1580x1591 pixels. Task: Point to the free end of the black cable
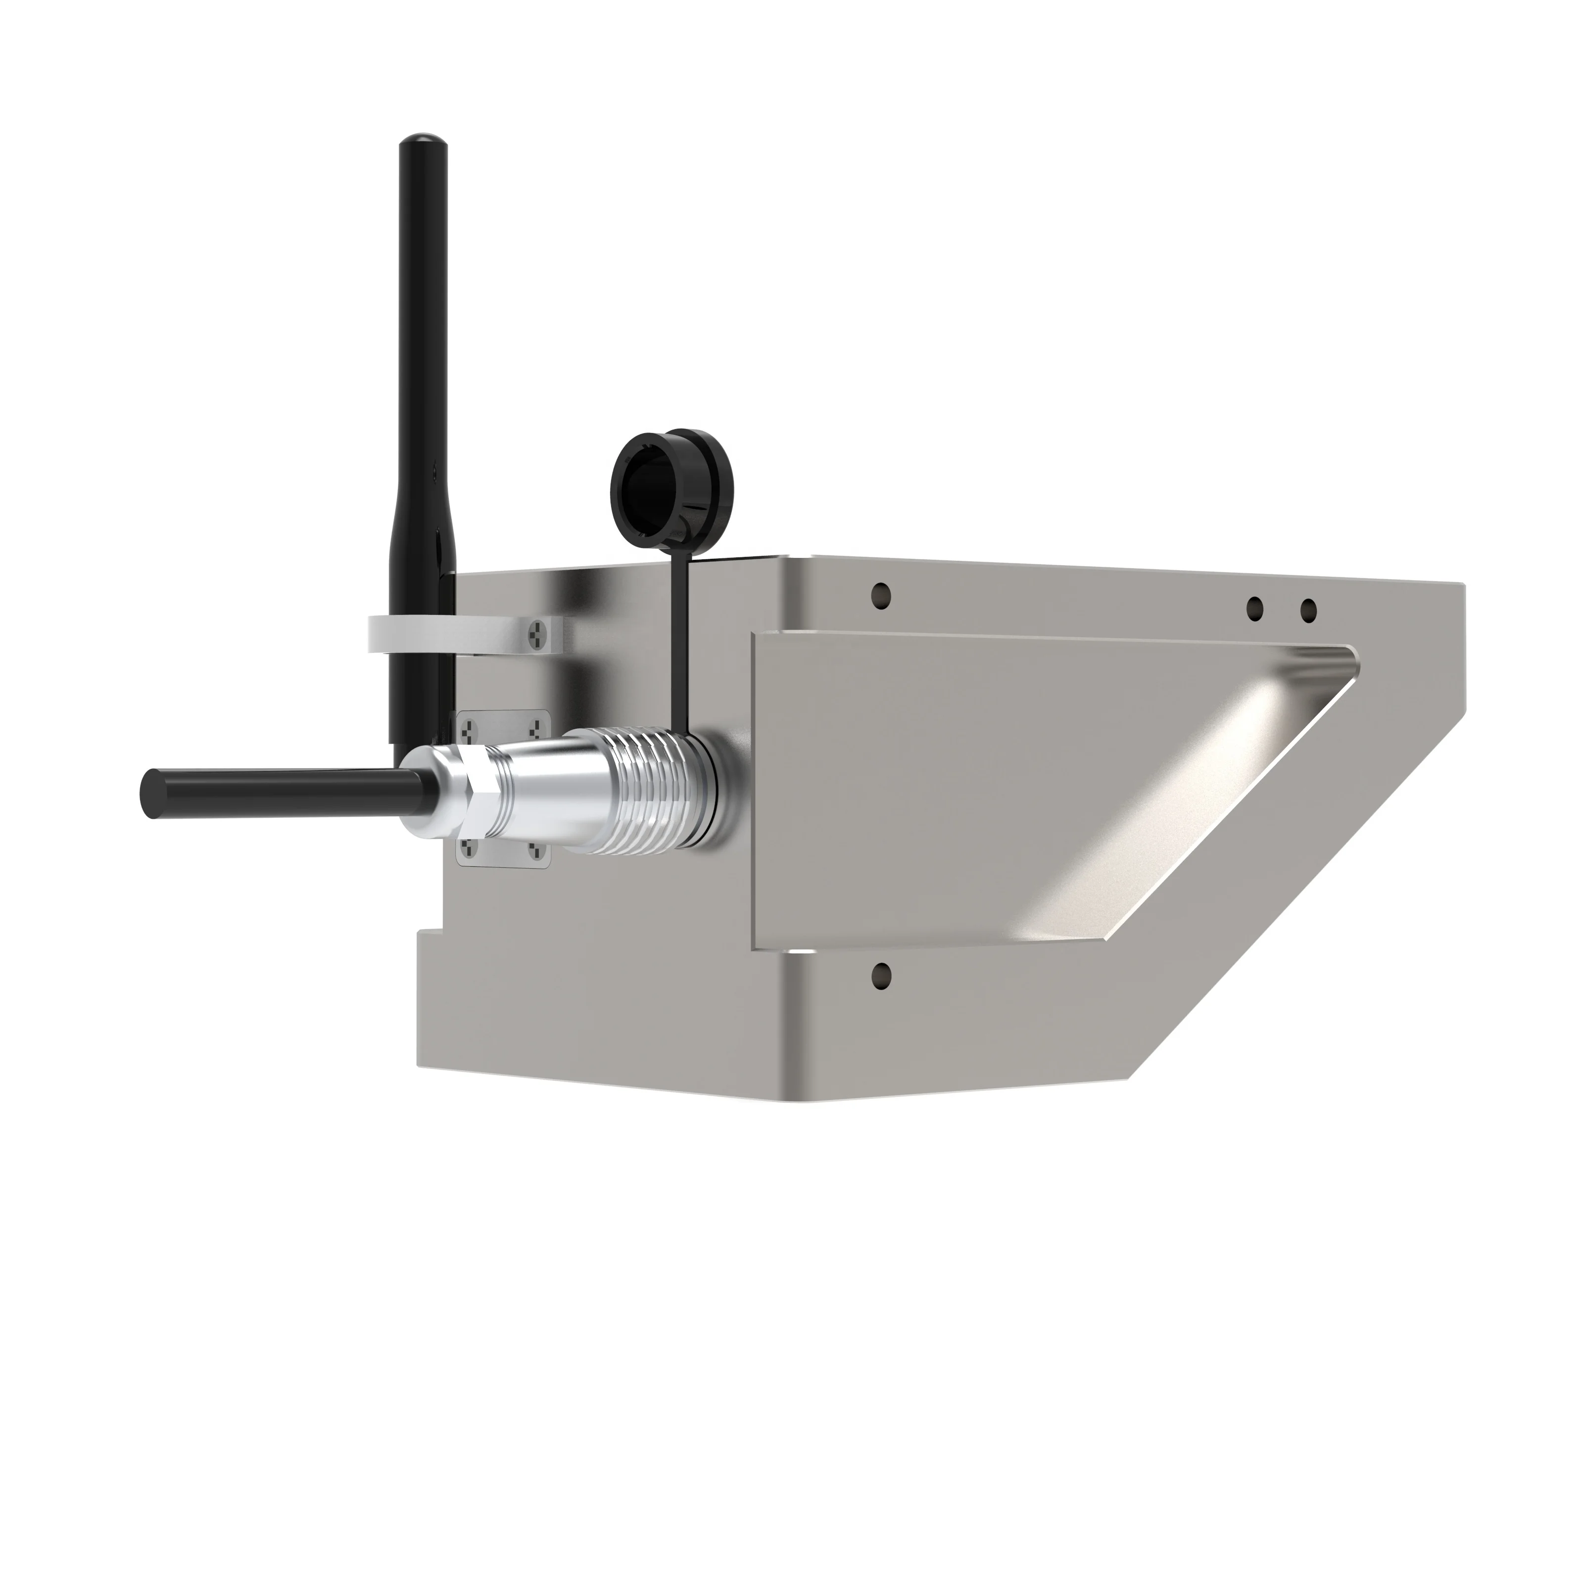click(x=153, y=794)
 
